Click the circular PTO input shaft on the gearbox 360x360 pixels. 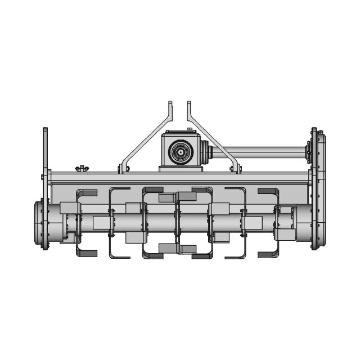(x=181, y=151)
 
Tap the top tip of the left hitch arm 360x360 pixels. (x=169, y=103)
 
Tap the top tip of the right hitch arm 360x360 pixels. (x=190, y=103)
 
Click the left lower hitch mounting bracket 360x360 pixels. (x=124, y=168)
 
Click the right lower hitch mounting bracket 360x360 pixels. (x=235, y=168)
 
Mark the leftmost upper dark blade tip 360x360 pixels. (x=87, y=192)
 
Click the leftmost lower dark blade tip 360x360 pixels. (x=87, y=254)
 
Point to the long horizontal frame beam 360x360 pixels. (x=180, y=179)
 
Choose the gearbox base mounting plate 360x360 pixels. (x=181, y=168)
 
